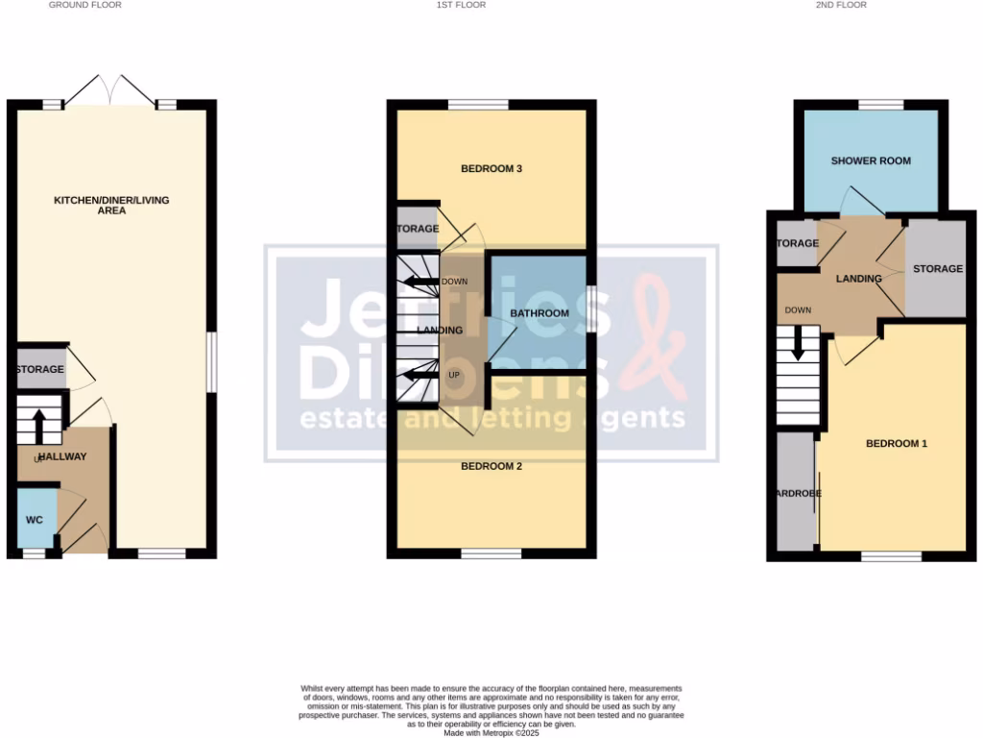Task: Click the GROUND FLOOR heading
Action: [85, 5]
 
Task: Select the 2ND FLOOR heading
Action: [843, 5]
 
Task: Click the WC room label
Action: [35, 520]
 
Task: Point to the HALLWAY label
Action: [62, 457]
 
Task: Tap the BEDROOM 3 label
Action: [491, 169]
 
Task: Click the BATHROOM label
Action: [539, 313]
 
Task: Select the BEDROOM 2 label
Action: [491, 466]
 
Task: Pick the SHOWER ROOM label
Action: [871, 160]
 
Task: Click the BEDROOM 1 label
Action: [897, 444]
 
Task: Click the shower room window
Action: [880, 105]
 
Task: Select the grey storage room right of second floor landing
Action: [937, 269]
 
